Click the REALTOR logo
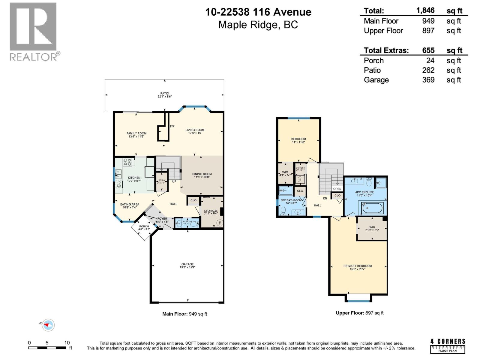coord(33,31)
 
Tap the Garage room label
coord(187,266)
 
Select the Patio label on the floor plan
coord(165,95)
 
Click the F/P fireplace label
coord(172,127)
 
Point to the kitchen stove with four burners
coord(127,162)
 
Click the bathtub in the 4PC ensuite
coord(372,208)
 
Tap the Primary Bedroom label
coord(358,267)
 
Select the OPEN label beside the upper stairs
coord(337,189)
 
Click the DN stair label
coord(325,198)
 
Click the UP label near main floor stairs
coord(174,181)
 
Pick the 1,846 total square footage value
coord(425,10)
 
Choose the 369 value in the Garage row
coord(428,80)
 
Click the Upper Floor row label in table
coord(383,31)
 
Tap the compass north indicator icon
coord(48,325)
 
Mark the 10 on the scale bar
coord(67,343)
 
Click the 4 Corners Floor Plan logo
coord(448,346)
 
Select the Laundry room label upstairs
coord(300,169)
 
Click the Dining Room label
coord(202,175)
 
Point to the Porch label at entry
coord(144,228)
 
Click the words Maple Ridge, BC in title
coord(258,25)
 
